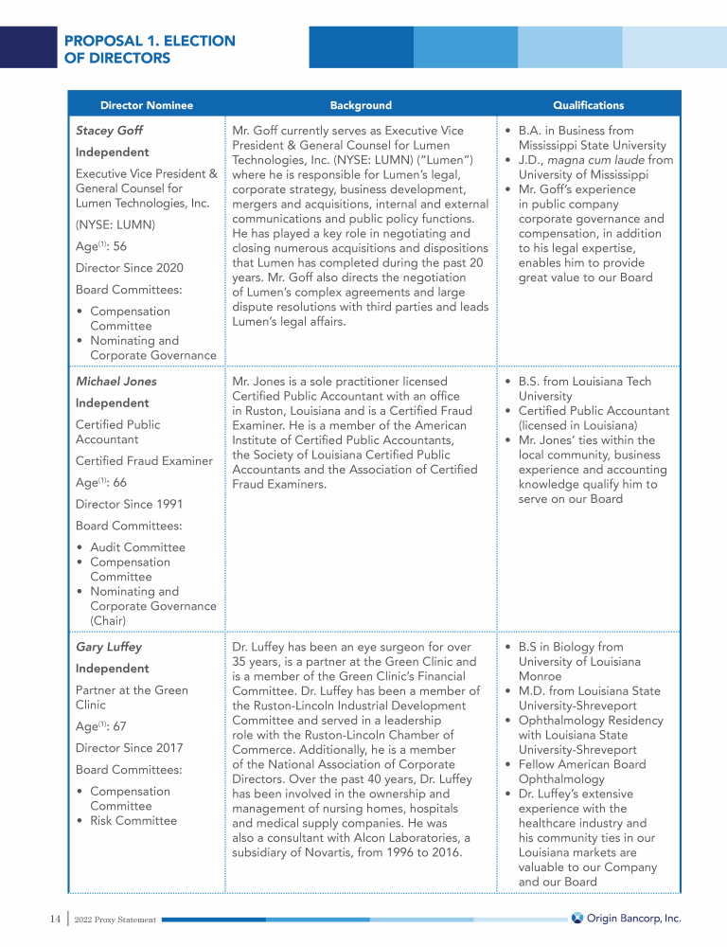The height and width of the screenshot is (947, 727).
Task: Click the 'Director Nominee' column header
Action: tap(146, 105)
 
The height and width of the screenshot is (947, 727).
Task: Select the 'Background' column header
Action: tap(361, 105)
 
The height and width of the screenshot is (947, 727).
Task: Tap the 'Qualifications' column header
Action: tap(588, 105)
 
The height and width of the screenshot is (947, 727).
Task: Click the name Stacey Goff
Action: tap(109, 131)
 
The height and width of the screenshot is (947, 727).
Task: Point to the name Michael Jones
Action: tap(116, 382)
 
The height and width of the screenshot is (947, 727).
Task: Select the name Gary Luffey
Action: tap(109, 648)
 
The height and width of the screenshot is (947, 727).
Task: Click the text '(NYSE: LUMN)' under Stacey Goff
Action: tap(115, 225)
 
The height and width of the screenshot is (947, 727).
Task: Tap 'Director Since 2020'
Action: tap(130, 268)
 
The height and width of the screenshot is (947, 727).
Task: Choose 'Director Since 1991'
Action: tap(130, 505)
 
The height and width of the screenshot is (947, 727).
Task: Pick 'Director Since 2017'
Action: tap(130, 748)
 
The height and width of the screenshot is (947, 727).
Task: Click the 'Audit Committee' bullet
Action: tap(137, 547)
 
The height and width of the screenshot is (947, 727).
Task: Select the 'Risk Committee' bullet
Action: tap(133, 821)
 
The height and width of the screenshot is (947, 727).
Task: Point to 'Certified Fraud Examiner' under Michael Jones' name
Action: tap(144, 461)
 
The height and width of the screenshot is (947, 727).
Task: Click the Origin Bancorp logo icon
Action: tap(577, 918)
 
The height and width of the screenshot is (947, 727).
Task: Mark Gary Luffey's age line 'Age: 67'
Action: tap(100, 726)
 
